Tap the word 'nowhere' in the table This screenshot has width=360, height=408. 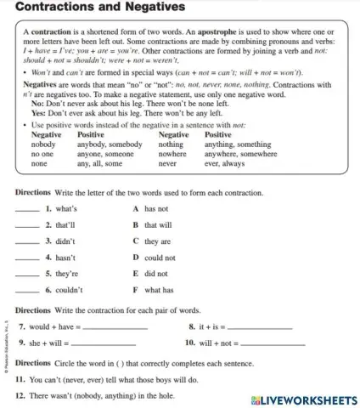(174, 154)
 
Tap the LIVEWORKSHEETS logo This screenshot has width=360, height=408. (305, 399)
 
